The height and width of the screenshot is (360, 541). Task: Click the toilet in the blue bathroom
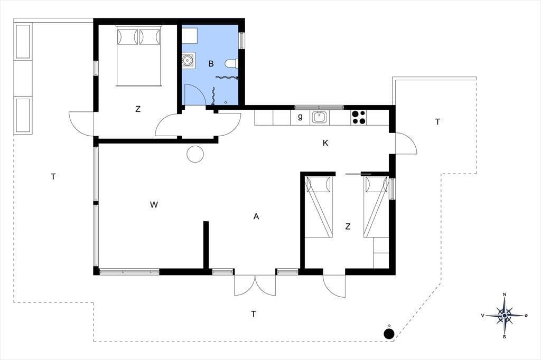[231, 64]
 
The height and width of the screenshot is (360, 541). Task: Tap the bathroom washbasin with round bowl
[188, 61]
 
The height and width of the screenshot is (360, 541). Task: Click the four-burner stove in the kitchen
[359, 117]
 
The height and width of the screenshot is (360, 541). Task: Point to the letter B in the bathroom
[211, 64]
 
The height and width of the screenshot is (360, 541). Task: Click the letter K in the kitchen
[325, 143]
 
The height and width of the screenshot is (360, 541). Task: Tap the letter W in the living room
[154, 205]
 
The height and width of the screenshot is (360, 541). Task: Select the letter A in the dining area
[256, 216]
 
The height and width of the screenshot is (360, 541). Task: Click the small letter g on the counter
[300, 117]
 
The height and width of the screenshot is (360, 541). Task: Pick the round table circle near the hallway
[195, 154]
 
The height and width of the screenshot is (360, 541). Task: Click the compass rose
[505, 316]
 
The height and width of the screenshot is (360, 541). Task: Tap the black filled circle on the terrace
[389, 334]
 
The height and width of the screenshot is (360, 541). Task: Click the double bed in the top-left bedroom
[139, 55]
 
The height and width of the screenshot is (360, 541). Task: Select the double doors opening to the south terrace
[255, 285]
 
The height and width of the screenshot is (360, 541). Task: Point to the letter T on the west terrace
[53, 177]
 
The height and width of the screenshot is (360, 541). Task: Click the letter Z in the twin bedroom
[348, 226]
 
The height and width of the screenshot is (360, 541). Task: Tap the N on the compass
[505, 295]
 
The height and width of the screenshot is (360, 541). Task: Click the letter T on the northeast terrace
[437, 122]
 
